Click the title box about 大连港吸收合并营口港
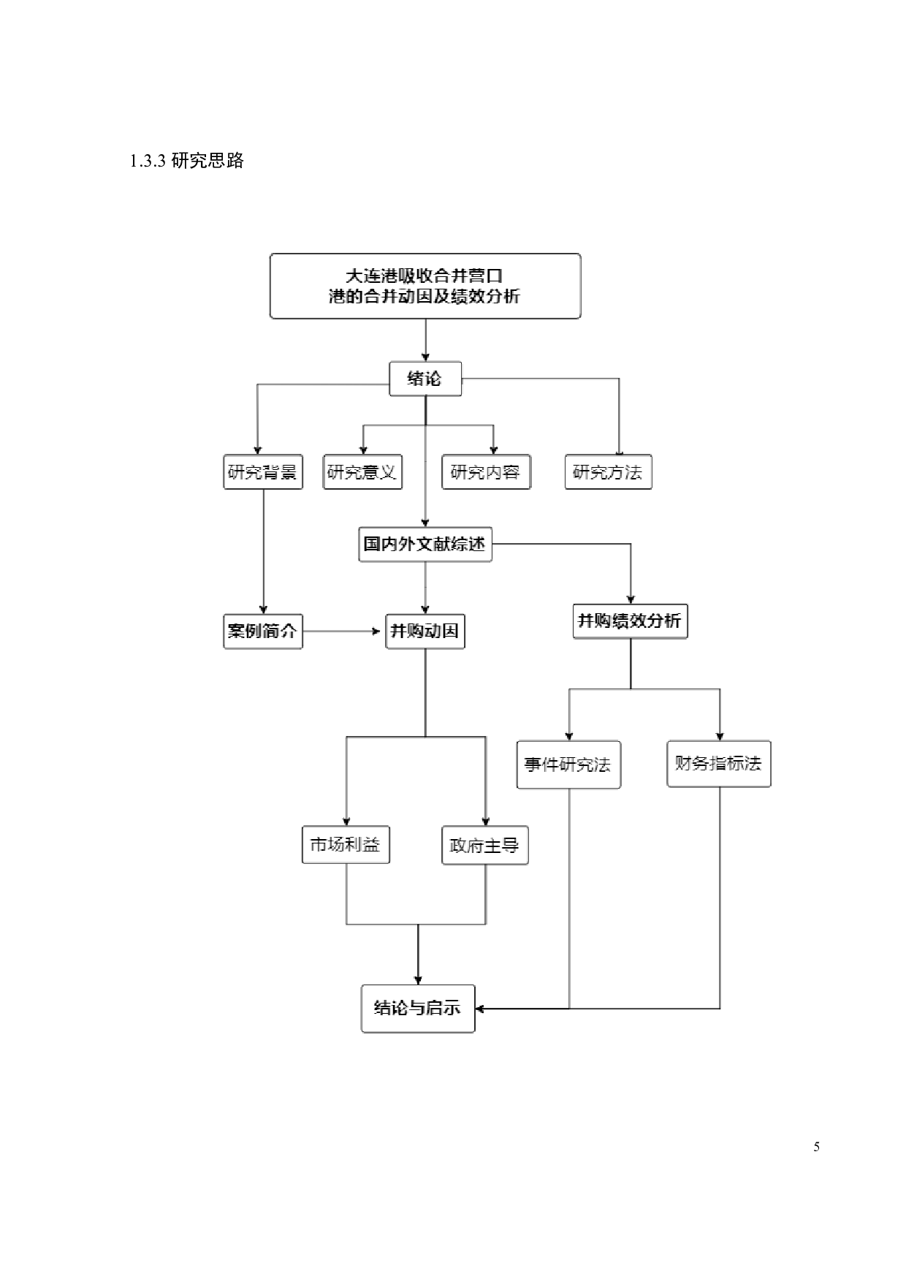tap(425, 286)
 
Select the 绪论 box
tap(425, 379)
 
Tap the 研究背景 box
tap(263, 472)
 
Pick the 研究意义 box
tap(362, 472)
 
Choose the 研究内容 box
tap(486, 472)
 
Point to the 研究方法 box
tap(608, 472)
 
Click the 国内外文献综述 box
tap(425, 545)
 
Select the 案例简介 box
tap(263, 631)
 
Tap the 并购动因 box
tap(425, 631)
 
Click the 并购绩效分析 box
tap(630, 621)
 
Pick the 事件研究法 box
tap(568, 765)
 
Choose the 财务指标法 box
tap(719, 764)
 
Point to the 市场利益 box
tap(346, 846)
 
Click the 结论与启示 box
tap(418, 1009)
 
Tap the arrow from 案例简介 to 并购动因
tap(343, 631)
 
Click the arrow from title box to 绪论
tap(425, 340)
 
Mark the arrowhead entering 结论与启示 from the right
tap(481, 1009)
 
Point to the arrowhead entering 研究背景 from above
tap(257, 450)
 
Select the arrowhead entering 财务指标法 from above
tap(720, 736)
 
